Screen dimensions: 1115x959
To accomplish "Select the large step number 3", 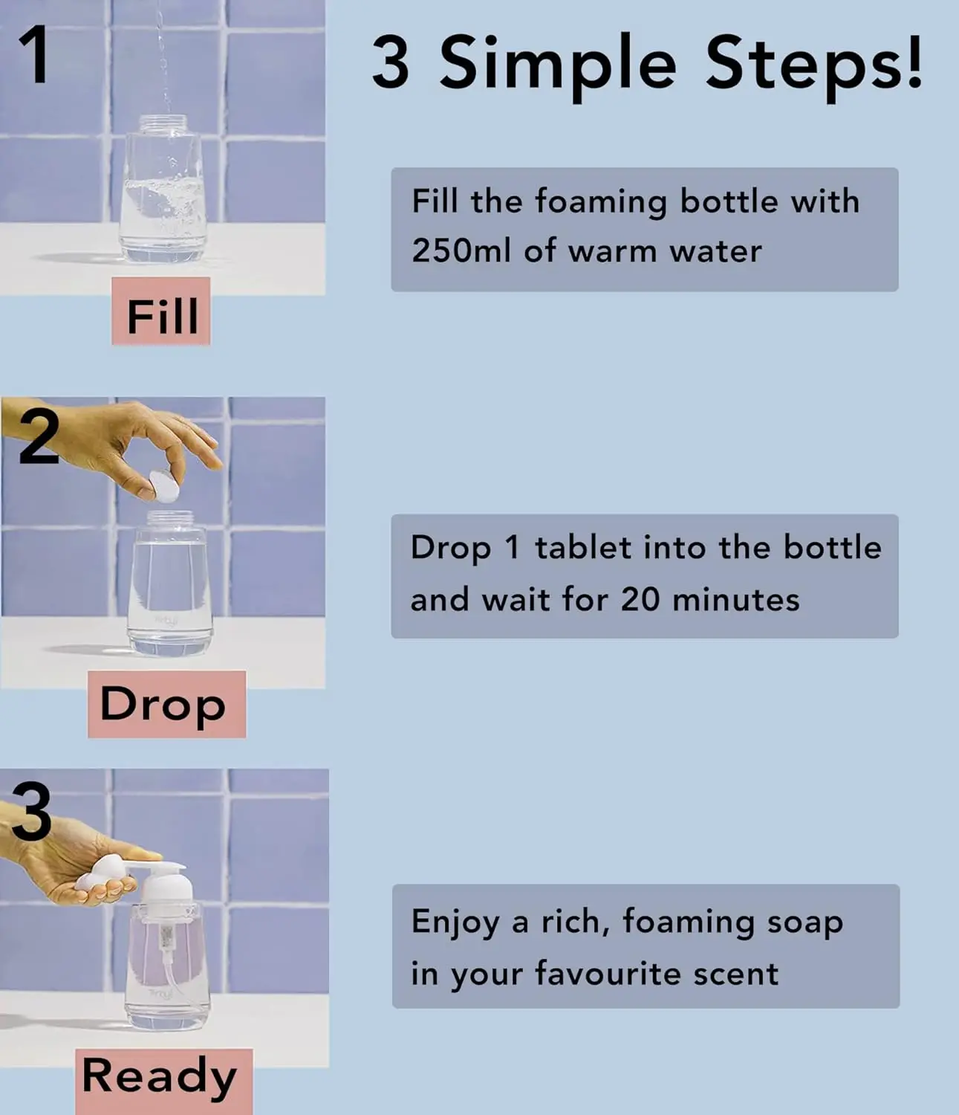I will point(31,812).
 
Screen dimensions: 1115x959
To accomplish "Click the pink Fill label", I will point(162,316).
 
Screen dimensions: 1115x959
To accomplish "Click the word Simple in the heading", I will point(558,63).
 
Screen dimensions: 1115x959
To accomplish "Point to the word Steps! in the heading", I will point(813,63).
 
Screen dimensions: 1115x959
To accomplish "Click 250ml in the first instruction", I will point(461,251).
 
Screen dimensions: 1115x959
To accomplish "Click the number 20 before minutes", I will point(640,599).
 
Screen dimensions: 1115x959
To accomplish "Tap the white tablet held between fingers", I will point(165,487).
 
